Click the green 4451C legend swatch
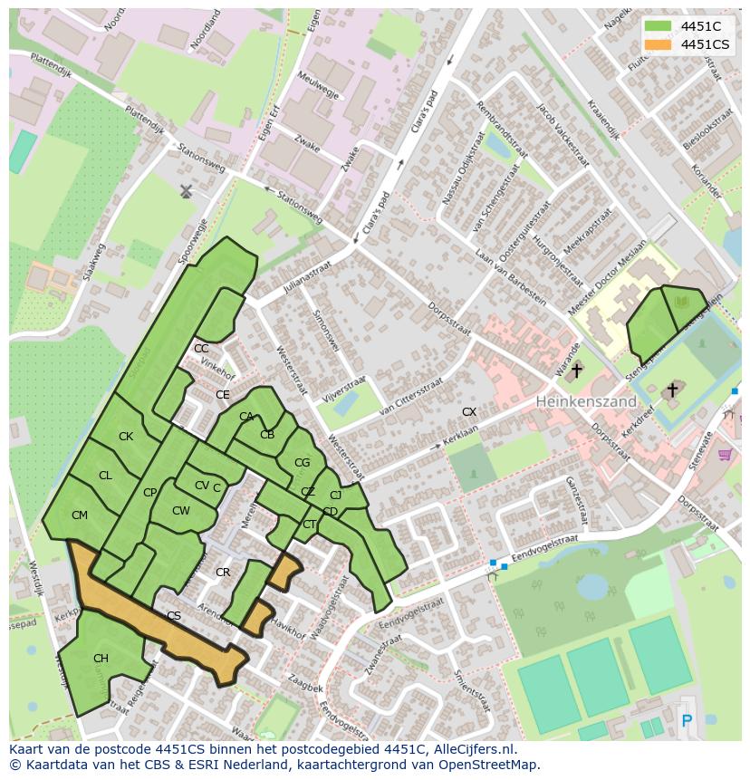coord(659,26)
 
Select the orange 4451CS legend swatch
coord(659,44)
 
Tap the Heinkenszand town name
coord(585,400)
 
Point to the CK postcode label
coord(126,437)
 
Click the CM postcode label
coord(80,515)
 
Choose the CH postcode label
coord(101,659)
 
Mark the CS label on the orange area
coord(174,616)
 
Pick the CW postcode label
coord(181,511)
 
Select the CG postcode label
coord(302,463)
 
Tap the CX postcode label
coord(469,412)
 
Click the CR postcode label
coord(223,573)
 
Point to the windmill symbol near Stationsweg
coord(186,191)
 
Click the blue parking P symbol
coord(686,721)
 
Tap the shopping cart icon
coord(724,454)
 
